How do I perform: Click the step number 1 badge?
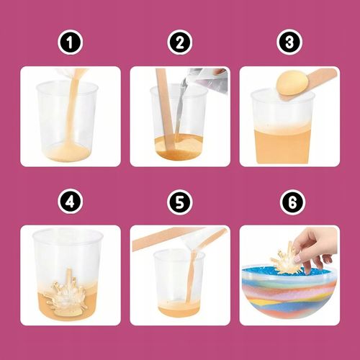click(x=70, y=42)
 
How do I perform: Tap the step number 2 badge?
click(x=180, y=42)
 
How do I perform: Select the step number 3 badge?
click(x=289, y=42)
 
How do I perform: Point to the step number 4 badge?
click(x=70, y=202)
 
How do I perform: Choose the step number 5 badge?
click(x=180, y=202)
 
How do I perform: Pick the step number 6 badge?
click(x=292, y=202)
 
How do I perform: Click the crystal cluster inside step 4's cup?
click(x=68, y=291)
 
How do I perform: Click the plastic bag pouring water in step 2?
click(x=207, y=81)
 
